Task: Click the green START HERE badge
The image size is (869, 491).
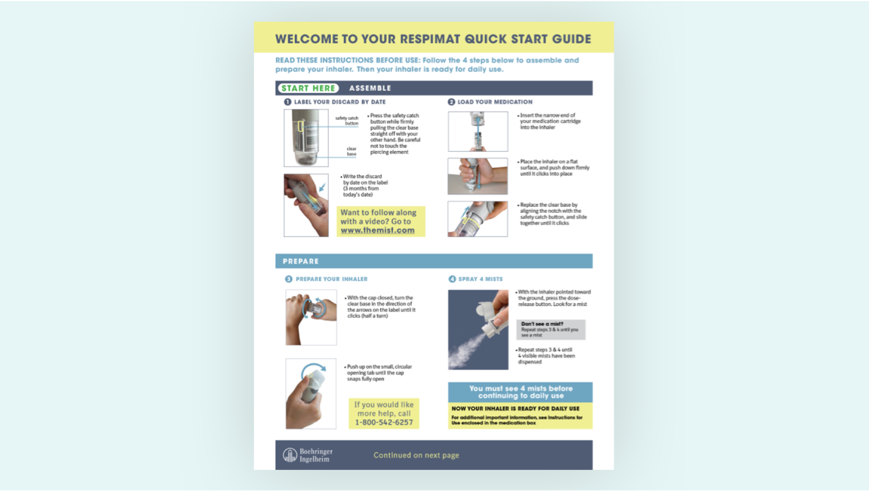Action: pos(308,88)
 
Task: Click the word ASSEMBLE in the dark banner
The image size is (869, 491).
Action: pos(370,88)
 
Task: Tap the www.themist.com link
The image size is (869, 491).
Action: pos(378,230)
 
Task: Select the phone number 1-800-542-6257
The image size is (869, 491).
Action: pos(384,422)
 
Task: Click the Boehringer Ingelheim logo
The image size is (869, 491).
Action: pos(308,455)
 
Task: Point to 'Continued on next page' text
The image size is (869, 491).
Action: pos(416,455)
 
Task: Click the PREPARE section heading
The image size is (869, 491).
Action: pos(300,261)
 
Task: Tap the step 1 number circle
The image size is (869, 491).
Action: pos(288,102)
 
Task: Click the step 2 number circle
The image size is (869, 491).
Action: pos(451,102)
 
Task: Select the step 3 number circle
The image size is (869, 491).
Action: pos(289,279)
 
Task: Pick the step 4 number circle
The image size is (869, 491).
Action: pos(452,279)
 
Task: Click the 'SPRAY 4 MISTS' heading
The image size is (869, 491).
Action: pos(480,279)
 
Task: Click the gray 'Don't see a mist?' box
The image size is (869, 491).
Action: pos(550,329)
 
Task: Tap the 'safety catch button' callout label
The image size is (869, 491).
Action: pos(347,120)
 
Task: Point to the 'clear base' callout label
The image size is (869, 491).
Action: pos(352,151)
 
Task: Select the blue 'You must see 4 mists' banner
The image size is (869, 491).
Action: pos(520,392)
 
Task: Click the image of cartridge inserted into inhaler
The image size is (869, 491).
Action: pos(478,131)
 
